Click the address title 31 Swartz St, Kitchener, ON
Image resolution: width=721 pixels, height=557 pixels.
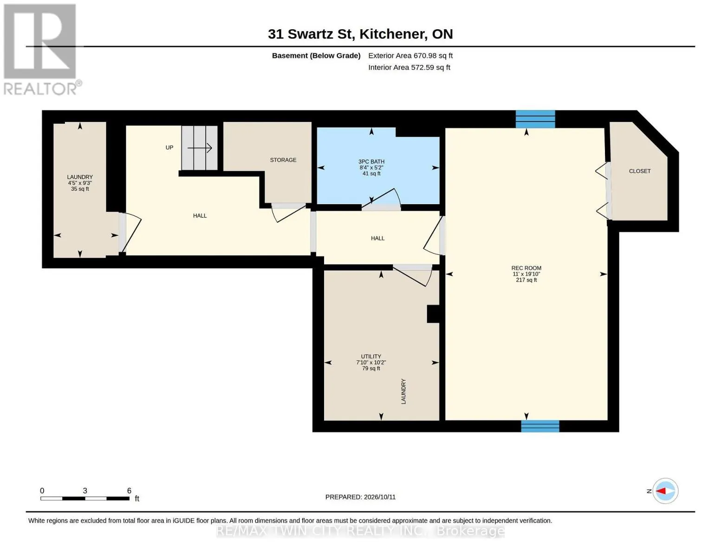[x=360, y=34]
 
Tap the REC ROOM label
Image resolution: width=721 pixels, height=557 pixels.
[x=526, y=268]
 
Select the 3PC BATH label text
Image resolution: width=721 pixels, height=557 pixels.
[x=371, y=162]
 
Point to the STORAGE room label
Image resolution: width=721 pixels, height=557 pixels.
[x=283, y=160]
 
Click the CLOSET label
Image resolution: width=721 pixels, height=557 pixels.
[x=640, y=171]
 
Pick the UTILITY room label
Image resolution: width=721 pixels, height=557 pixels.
[x=371, y=356]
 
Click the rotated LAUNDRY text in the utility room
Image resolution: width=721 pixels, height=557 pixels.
[x=403, y=391]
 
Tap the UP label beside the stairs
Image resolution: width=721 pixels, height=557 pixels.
[x=169, y=148]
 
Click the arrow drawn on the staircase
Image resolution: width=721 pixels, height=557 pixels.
[x=200, y=148]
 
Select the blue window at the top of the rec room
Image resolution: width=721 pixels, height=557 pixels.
[x=535, y=119]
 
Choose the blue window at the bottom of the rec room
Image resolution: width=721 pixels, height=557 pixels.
[x=540, y=426]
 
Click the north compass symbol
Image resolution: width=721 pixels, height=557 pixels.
[x=665, y=491]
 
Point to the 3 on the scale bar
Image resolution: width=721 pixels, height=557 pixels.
[x=85, y=491]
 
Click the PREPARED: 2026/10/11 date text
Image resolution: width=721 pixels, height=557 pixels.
[x=360, y=497]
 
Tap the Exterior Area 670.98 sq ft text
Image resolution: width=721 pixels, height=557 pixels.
[x=410, y=56]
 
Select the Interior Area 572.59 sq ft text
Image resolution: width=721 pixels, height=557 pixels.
[x=409, y=67]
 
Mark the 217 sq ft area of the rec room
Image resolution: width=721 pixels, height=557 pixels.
[x=526, y=280]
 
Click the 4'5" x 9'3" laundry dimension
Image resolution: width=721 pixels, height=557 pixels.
[x=80, y=183]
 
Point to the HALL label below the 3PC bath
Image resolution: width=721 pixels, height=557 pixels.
[x=377, y=238]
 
